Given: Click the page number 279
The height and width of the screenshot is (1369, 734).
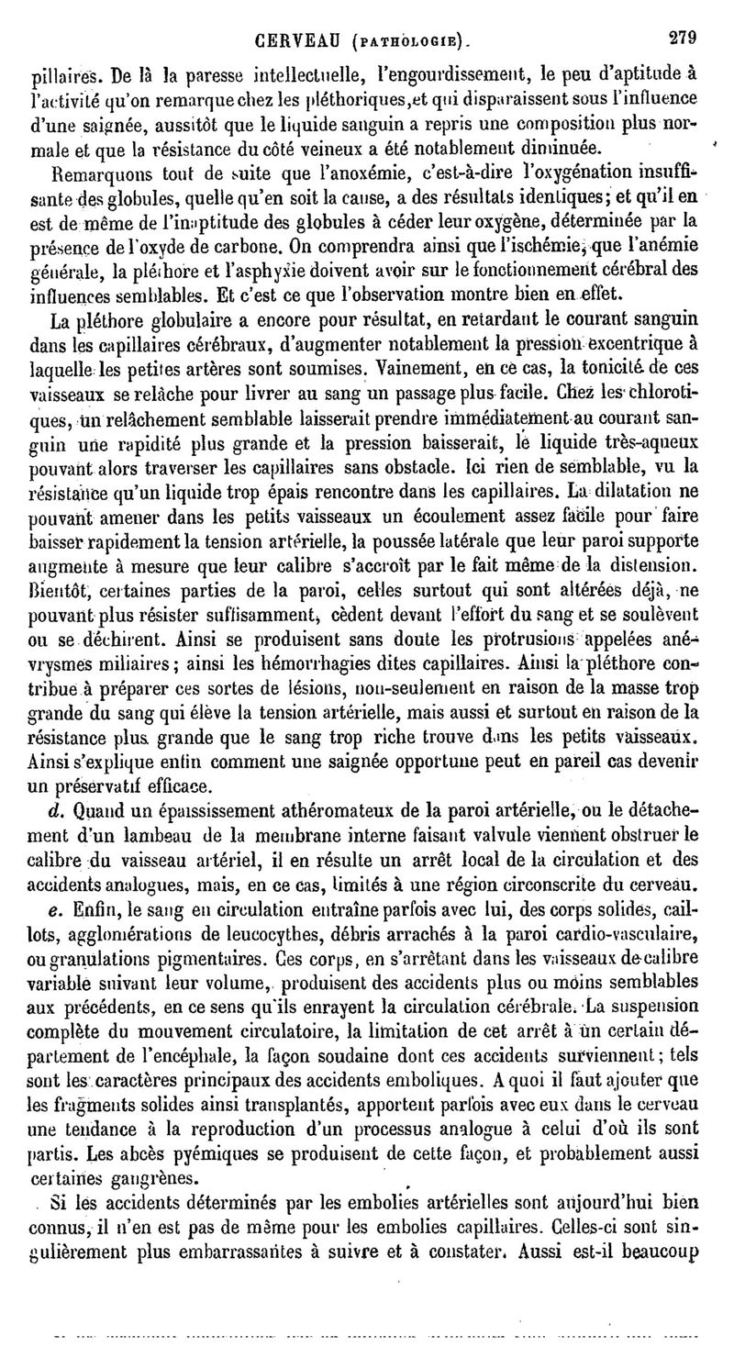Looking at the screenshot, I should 683,13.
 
